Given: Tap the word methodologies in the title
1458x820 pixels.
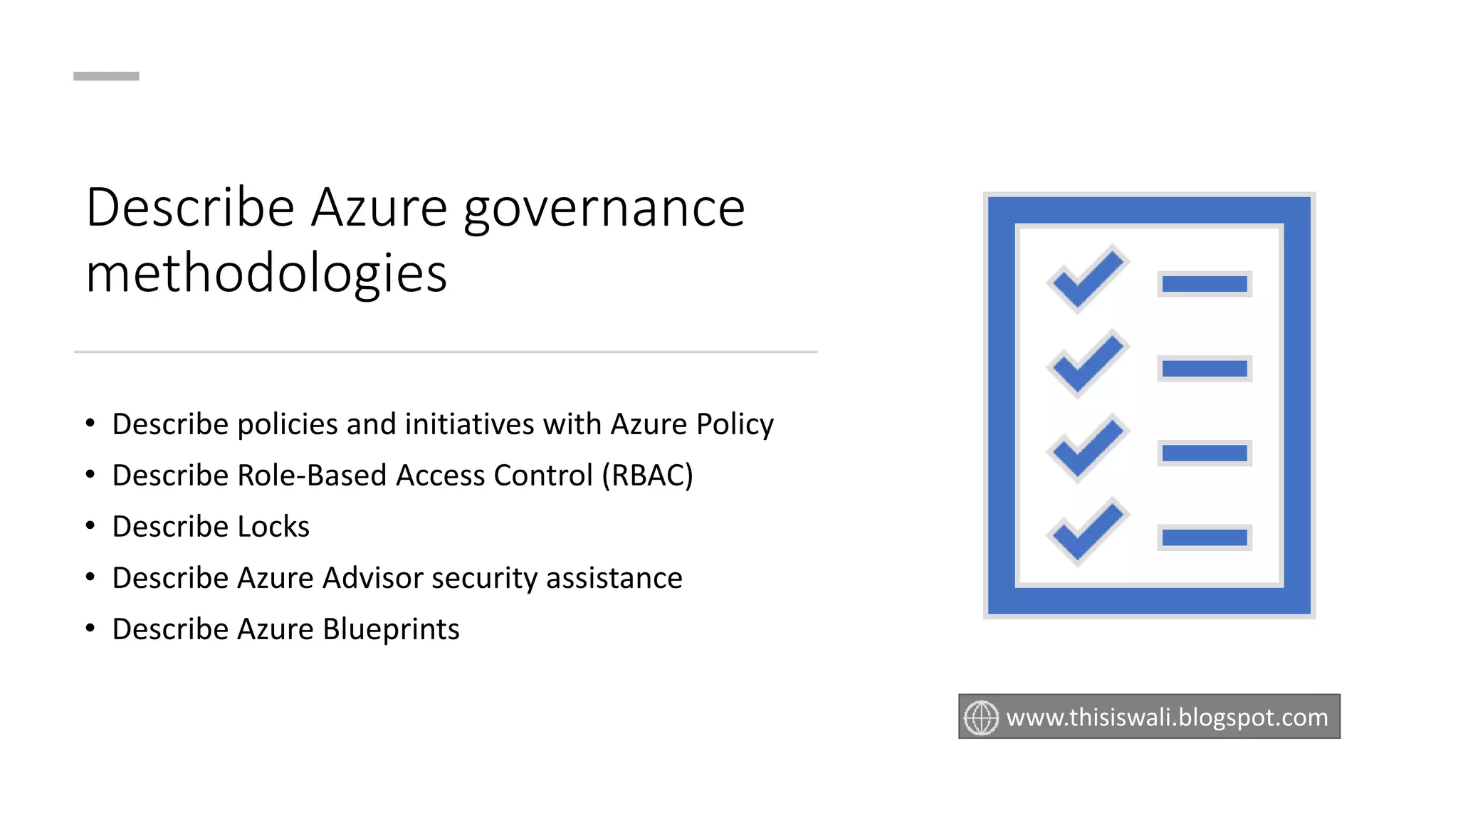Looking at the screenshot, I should (x=266, y=273).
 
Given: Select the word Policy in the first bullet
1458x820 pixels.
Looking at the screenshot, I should (x=734, y=424).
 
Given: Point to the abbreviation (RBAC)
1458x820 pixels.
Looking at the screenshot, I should (x=647, y=475).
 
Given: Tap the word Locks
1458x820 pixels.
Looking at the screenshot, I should (x=273, y=527).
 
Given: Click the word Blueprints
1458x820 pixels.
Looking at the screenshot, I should (x=391, y=629).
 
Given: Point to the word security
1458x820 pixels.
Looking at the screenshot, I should (x=484, y=578).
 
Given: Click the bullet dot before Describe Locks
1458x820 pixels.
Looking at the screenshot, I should (x=90, y=526).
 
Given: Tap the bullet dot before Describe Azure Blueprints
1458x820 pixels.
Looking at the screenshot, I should (x=90, y=629).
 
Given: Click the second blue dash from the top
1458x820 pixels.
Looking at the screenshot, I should (x=1204, y=369).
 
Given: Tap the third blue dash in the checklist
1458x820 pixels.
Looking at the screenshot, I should (x=1204, y=453).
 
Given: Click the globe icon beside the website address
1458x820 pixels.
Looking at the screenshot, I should (x=981, y=717).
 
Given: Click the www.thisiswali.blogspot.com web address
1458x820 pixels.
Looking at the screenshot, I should (x=1167, y=717).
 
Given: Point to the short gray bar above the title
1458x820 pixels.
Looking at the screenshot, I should (x=106, y=76).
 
